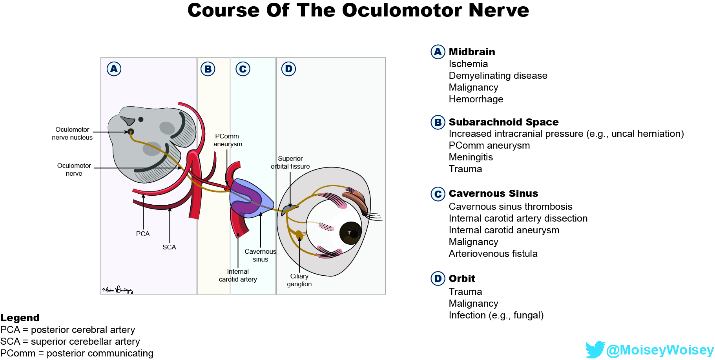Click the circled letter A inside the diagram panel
[114, 69]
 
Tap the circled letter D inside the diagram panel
[288, 69]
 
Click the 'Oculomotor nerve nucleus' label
[72, 133]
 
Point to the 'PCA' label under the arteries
[143, 234]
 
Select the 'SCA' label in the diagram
[169, 247]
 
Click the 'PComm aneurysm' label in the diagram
[228, 140]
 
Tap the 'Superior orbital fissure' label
[290, 162]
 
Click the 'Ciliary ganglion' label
[299, 280]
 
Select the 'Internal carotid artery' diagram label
[238, 275]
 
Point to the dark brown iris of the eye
[350, 233]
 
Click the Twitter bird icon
[595, 349]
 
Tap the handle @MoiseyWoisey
[660, 350]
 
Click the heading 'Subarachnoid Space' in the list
[503, 122]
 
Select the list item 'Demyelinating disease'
[498, 75]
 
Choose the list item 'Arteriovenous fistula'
[493, 253]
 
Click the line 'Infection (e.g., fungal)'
[496, 315]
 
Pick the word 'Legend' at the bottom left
[20, 318]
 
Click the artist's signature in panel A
[117, 290]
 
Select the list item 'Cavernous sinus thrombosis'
[510, 206]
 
